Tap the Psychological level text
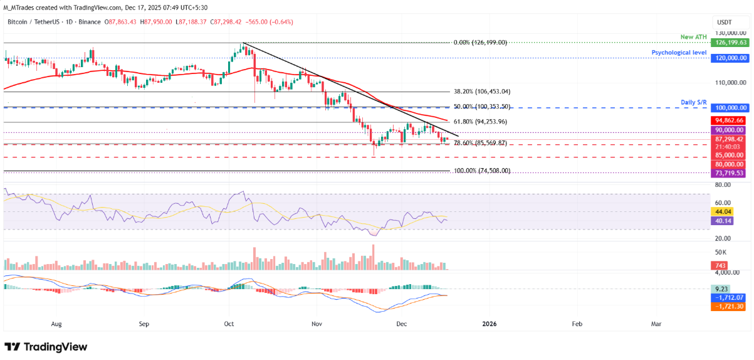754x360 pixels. coord(679,52)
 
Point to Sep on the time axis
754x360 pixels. coord(144,324)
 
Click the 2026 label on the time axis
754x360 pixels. coord(489,324)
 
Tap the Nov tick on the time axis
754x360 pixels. coord(317,324)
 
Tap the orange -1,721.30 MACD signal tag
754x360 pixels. coord(730,307)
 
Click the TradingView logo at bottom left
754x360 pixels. coord(46,347)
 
